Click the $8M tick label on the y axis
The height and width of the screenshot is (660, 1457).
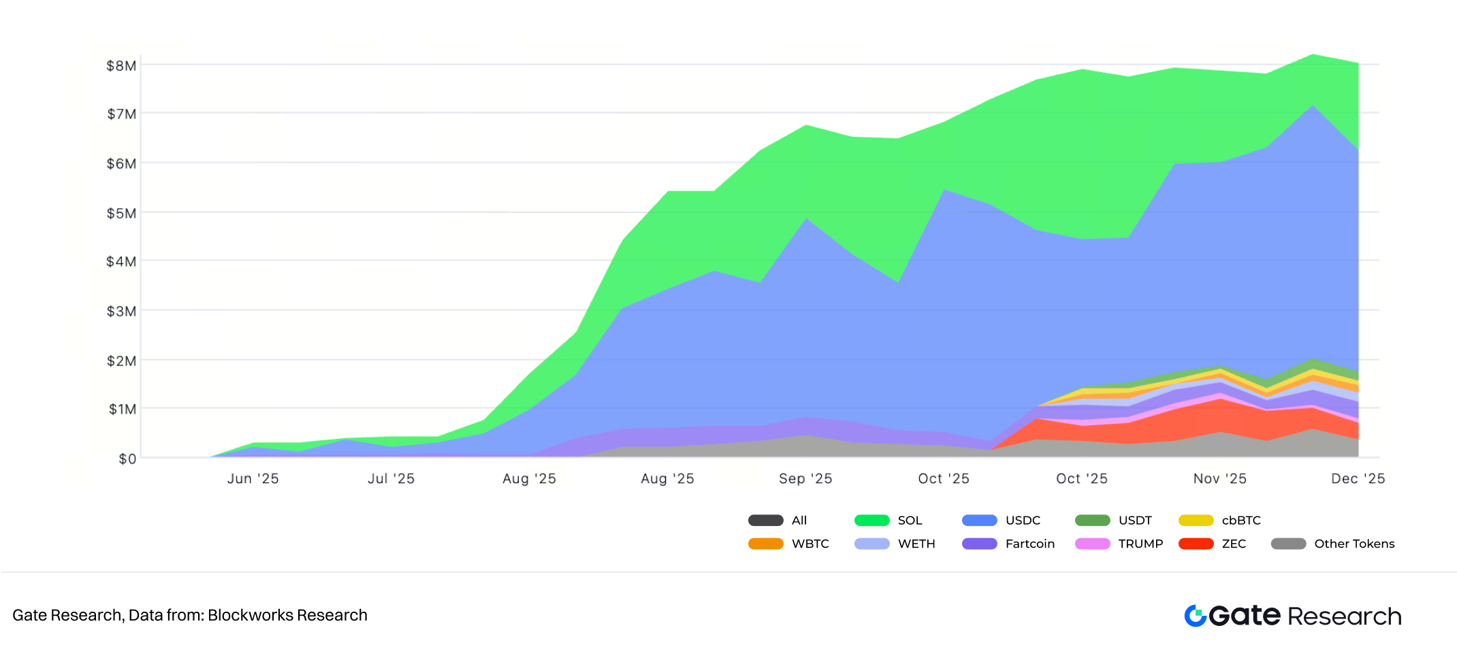(x=121, y=66)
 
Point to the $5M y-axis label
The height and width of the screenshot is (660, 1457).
(x=121, y=214)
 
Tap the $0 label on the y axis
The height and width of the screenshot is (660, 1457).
(x=127, y=459)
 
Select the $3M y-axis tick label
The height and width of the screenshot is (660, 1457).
(x=121, y=312)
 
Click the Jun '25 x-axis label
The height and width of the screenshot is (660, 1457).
(x=253, y=479)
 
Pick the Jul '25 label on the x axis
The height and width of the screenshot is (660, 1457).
(x=391, y=479)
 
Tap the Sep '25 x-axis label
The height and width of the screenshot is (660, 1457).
(x=805, y=479)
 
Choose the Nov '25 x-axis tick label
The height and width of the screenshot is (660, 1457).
(x=1219, y=479)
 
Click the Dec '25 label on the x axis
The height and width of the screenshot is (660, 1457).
(x=1358, y=479)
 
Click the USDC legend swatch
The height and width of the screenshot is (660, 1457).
(x=979, y=521)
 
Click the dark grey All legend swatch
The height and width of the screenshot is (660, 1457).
(x=765, y=521)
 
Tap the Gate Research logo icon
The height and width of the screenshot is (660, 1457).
(x=1196, y=616)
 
